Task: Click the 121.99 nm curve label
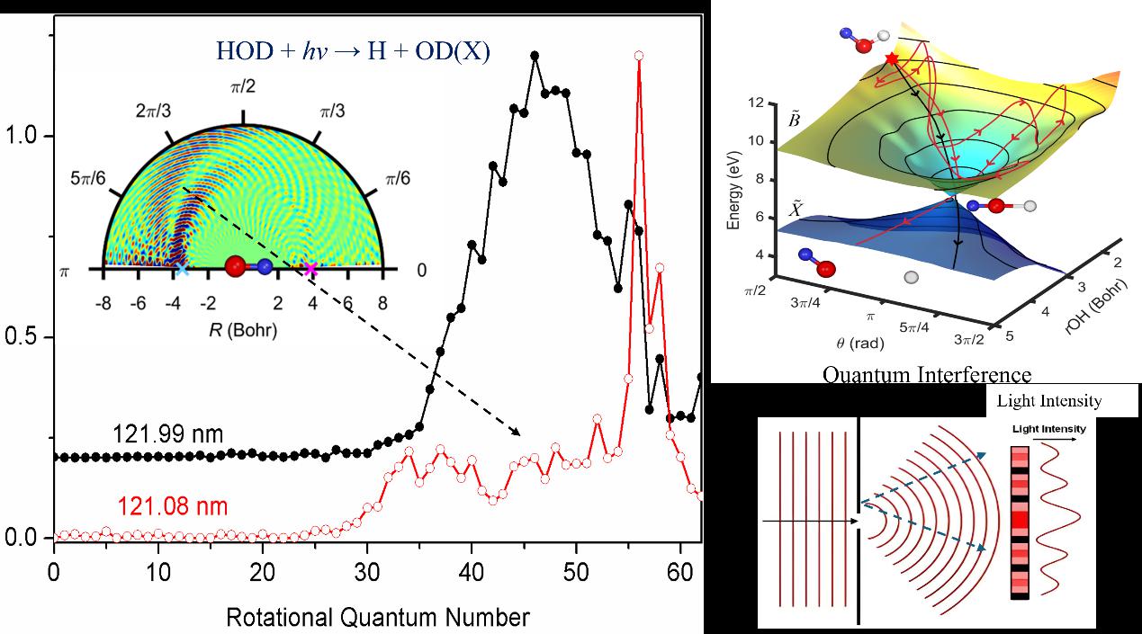click(x=168, y=435)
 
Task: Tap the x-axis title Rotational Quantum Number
click(x=378, y=618)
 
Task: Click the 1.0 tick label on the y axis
click(x=22, y=137)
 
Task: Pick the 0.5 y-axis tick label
click(x=22, y=338)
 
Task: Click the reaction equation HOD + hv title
click(x=353, y=52)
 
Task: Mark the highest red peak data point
click(x=639, y=56)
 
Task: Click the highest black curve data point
click(x=535, y=56)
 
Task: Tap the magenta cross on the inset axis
click(x=311, y=268)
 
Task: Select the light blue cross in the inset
click(x=182, y=268)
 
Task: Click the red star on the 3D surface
click(x=892, y=58)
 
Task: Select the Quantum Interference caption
click(x=926, y=374)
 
